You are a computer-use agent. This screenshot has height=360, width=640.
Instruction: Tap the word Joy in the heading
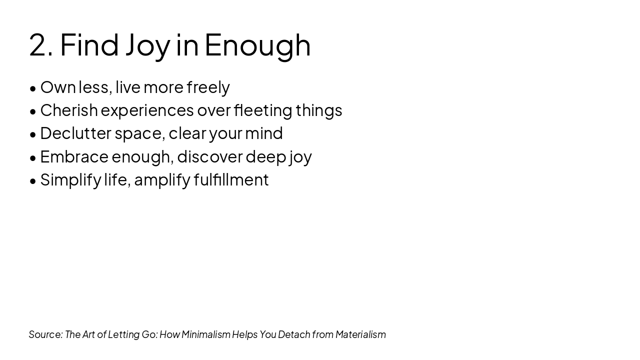click(x=148, y=47)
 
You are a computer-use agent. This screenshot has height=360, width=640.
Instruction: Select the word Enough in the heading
click(x=257, y=47)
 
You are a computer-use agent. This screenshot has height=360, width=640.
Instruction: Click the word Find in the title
click(x=89, y=44)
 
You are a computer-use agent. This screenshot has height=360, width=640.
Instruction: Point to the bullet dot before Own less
click(x=33, y=88)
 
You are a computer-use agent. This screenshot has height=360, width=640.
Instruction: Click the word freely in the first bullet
click(x=208, y=88)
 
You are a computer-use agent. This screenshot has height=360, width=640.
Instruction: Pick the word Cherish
click(x=69, y=110)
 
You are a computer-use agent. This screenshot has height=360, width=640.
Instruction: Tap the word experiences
click(x=147, y=111)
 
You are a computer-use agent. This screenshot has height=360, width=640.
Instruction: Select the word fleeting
click(x=263, y=111)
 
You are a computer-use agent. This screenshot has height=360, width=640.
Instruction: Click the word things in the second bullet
click(x=319, y=111)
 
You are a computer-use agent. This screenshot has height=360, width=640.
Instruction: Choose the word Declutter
click(x=75, y=133)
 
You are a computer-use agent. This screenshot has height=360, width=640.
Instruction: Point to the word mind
click(x=264, y=133)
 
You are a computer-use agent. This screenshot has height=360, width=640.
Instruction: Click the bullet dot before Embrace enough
click(x=33, y=158)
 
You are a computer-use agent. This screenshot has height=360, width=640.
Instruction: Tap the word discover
click(x=210, y=156)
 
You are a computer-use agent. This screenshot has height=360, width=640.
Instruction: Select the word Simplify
click(x=71, y=180)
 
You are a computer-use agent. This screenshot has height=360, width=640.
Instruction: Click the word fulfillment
click(x=231, y=179)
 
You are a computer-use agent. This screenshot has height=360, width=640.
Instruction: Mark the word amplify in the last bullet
click(x=162, y=180)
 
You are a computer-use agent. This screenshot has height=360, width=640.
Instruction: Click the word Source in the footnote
click(x=45, y=334)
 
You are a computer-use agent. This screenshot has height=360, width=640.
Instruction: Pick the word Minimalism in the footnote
click(x=205, y=334)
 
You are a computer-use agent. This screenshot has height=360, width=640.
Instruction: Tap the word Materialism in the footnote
click(x=360, y=334)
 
